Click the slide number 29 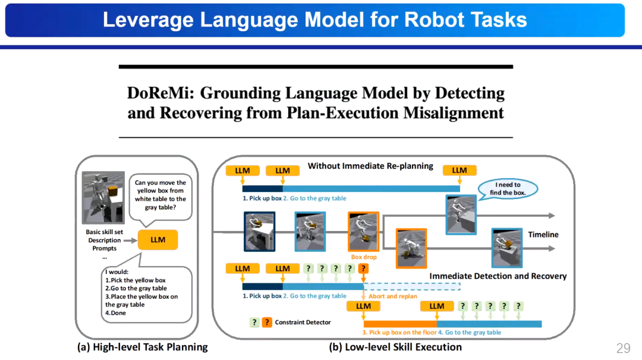623,348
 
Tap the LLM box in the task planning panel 158,239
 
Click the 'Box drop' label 364,257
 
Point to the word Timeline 543,235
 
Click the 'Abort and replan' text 393,296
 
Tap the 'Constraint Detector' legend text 303,323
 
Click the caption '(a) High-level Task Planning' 143,347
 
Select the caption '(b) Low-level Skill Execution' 395,347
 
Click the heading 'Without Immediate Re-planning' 370,166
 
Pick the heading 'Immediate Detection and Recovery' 498,276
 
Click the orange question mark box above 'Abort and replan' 364,269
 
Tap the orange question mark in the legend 267,323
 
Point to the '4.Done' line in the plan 116,313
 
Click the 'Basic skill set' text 105,232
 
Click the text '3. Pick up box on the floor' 399,333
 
